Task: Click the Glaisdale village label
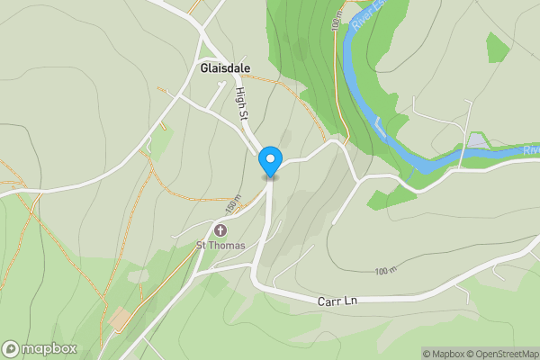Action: click(225, 68)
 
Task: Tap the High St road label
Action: click(241, 104)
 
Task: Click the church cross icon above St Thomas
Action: click(220, 229)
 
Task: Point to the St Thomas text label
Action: click(220, 245)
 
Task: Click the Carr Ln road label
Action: click(338, 301)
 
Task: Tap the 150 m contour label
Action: click(235, 206)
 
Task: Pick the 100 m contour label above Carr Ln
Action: click(385, 270)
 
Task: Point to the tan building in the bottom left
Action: click(120, 319)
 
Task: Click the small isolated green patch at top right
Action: click(498, 46)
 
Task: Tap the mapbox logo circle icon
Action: click(12, 349)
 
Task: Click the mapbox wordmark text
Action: click(49, 349)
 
